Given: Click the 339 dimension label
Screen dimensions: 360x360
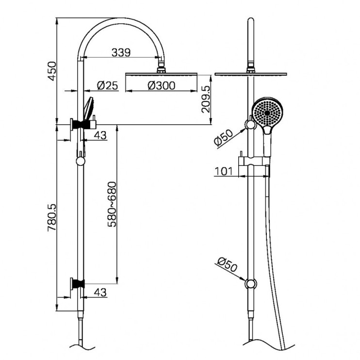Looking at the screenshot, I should pos(121,52).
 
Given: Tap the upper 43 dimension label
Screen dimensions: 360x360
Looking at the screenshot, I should pos(100,135).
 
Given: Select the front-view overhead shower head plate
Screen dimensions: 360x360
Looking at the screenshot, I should pos(250,74).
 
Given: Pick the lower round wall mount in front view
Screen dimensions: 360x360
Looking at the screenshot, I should pos(250,283).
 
